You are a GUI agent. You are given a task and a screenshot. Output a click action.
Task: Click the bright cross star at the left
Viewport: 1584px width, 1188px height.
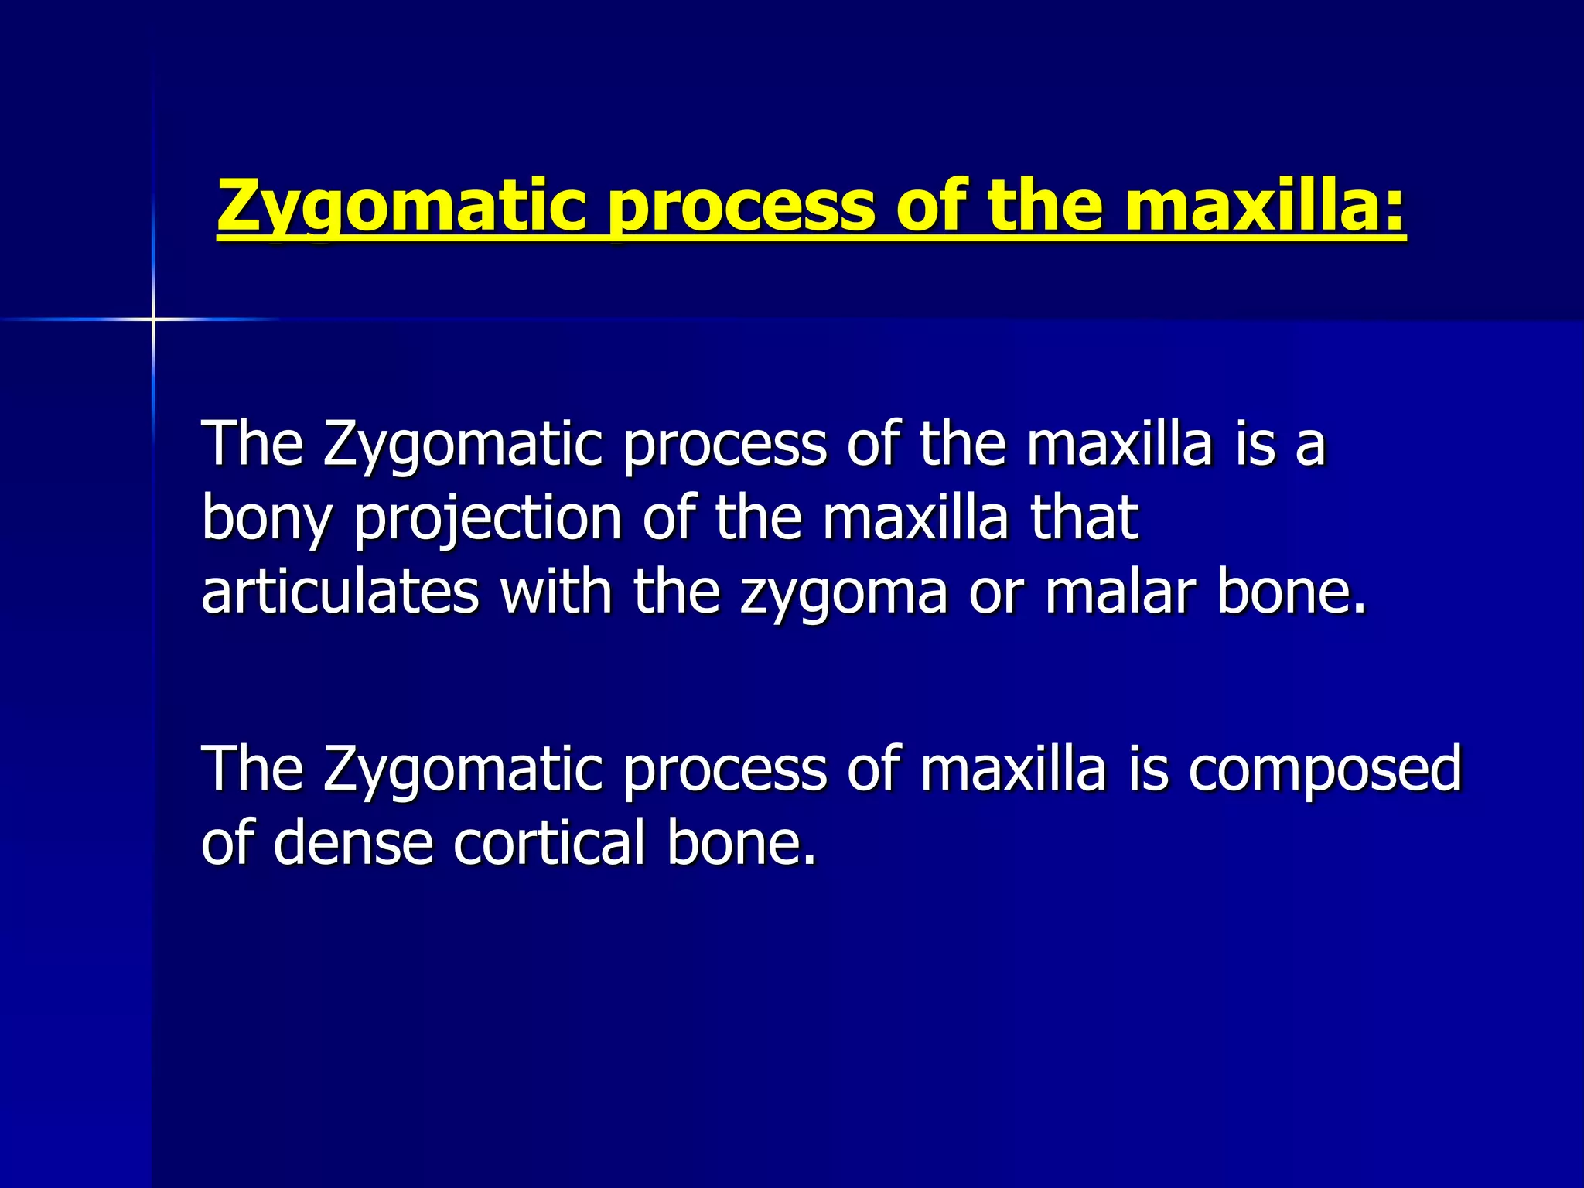[x=153, y=319]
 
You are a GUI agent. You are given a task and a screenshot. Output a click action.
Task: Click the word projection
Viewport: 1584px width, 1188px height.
[x=488, y=519]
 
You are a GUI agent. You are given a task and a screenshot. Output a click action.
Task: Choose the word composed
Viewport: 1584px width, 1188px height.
[x=1325, y=770]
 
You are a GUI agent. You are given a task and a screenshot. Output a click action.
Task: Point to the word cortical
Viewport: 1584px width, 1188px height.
[x=549, y=842]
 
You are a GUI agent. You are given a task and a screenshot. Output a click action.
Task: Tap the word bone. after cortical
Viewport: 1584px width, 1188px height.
[x=741, y=842]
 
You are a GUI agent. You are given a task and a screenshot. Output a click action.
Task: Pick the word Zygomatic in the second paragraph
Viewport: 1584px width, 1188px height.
[x=463, y=770]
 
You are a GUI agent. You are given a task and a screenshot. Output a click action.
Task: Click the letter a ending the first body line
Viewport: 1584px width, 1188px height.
[x=1311, y=446]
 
